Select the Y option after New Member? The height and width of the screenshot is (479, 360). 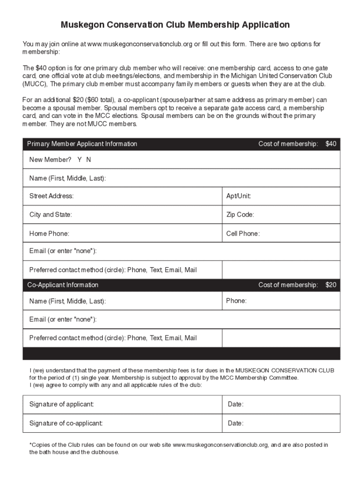(79, 160)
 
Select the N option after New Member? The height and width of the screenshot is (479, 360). (88, 160)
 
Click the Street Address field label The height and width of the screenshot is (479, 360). (51, 196)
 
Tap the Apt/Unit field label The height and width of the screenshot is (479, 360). (238, 196)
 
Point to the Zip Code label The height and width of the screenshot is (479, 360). (240, 215)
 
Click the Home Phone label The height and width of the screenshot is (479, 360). (49, 233)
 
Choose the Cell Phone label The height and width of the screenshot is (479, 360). (243, 233)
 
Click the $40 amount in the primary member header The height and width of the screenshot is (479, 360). (331, 144)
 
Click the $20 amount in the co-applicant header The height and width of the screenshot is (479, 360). (331, 285)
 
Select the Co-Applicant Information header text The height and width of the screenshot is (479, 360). (63, 285)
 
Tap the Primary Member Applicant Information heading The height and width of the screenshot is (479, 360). (82, 144)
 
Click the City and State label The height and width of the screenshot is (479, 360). (50, 215)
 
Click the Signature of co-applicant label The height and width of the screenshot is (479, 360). (66, 423)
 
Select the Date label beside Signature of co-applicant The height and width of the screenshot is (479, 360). (235, 423)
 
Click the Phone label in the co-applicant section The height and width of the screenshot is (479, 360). (236, 301)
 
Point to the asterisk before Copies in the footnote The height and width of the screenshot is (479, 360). (30, 445)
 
